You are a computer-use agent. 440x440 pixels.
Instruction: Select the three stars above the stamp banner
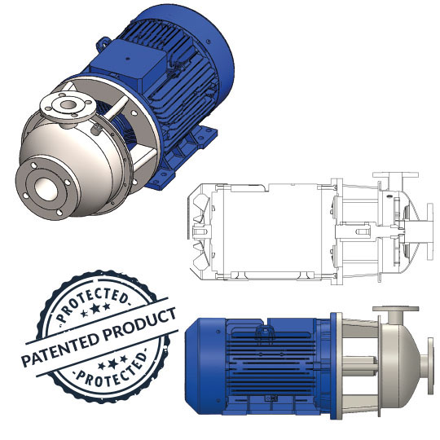(95, 310)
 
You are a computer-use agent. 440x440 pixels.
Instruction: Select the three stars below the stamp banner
(112, 364)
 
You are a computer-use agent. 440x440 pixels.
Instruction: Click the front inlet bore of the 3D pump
(46, 189)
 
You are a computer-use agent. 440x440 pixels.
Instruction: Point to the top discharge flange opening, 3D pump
(68, 104)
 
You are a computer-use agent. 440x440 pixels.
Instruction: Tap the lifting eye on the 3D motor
(103, 43)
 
